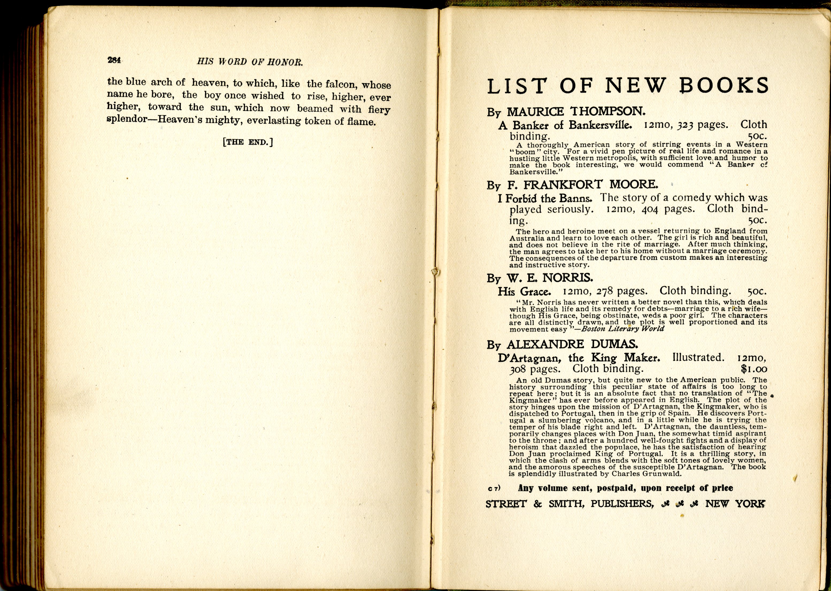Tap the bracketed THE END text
[x=248, y=142]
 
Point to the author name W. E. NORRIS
[x=550, y=278]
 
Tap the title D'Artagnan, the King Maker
[x=579, y=358]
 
